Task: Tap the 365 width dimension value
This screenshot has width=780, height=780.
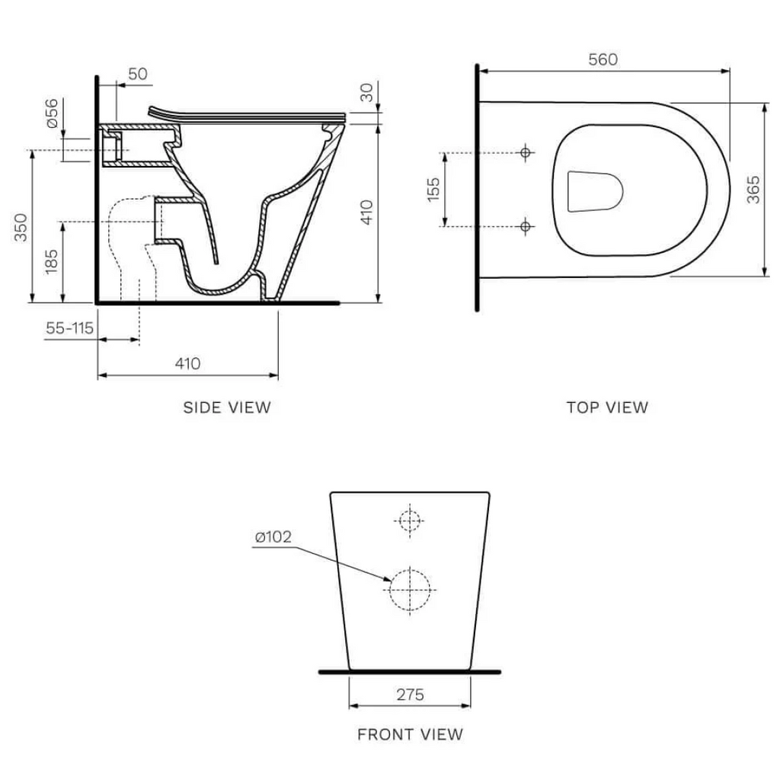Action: click(753, 189)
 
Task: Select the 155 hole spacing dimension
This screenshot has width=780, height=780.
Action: click(433, 190)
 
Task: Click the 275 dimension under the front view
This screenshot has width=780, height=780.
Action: click(410, 694)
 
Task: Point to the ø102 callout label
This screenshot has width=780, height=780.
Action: click(273, 537)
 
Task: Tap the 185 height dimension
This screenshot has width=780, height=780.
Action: click(51, 261)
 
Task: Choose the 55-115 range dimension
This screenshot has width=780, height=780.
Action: click(69, 328)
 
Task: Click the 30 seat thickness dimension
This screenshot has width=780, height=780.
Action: click(366, 93)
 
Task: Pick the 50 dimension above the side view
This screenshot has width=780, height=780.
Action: click(137, 74)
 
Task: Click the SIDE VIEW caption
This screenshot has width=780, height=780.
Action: click(226, 408)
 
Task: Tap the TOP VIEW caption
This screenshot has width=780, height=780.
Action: click(607, 408)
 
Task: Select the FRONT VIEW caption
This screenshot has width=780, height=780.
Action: click(410, 735)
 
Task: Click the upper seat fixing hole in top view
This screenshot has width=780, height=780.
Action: click(525, 153)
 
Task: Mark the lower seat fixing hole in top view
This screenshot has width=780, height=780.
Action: click(525, 225)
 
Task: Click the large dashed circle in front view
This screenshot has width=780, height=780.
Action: click(410, 589)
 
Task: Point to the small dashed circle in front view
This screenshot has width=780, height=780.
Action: click(410, 519)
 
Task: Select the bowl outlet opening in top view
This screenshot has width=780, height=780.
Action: click(596, 190)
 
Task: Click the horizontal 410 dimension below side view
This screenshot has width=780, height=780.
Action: click(187, 363)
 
